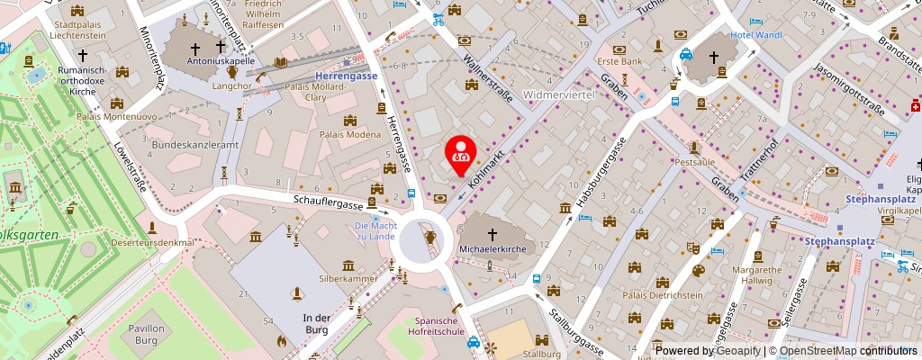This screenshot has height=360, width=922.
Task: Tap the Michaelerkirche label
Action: (493, 247)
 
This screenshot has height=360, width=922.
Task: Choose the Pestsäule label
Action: (694, 162)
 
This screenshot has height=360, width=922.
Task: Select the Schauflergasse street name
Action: (325, 204)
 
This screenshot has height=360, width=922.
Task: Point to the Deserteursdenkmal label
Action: (154, 243)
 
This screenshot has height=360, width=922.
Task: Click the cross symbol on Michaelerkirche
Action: (493, 232)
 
